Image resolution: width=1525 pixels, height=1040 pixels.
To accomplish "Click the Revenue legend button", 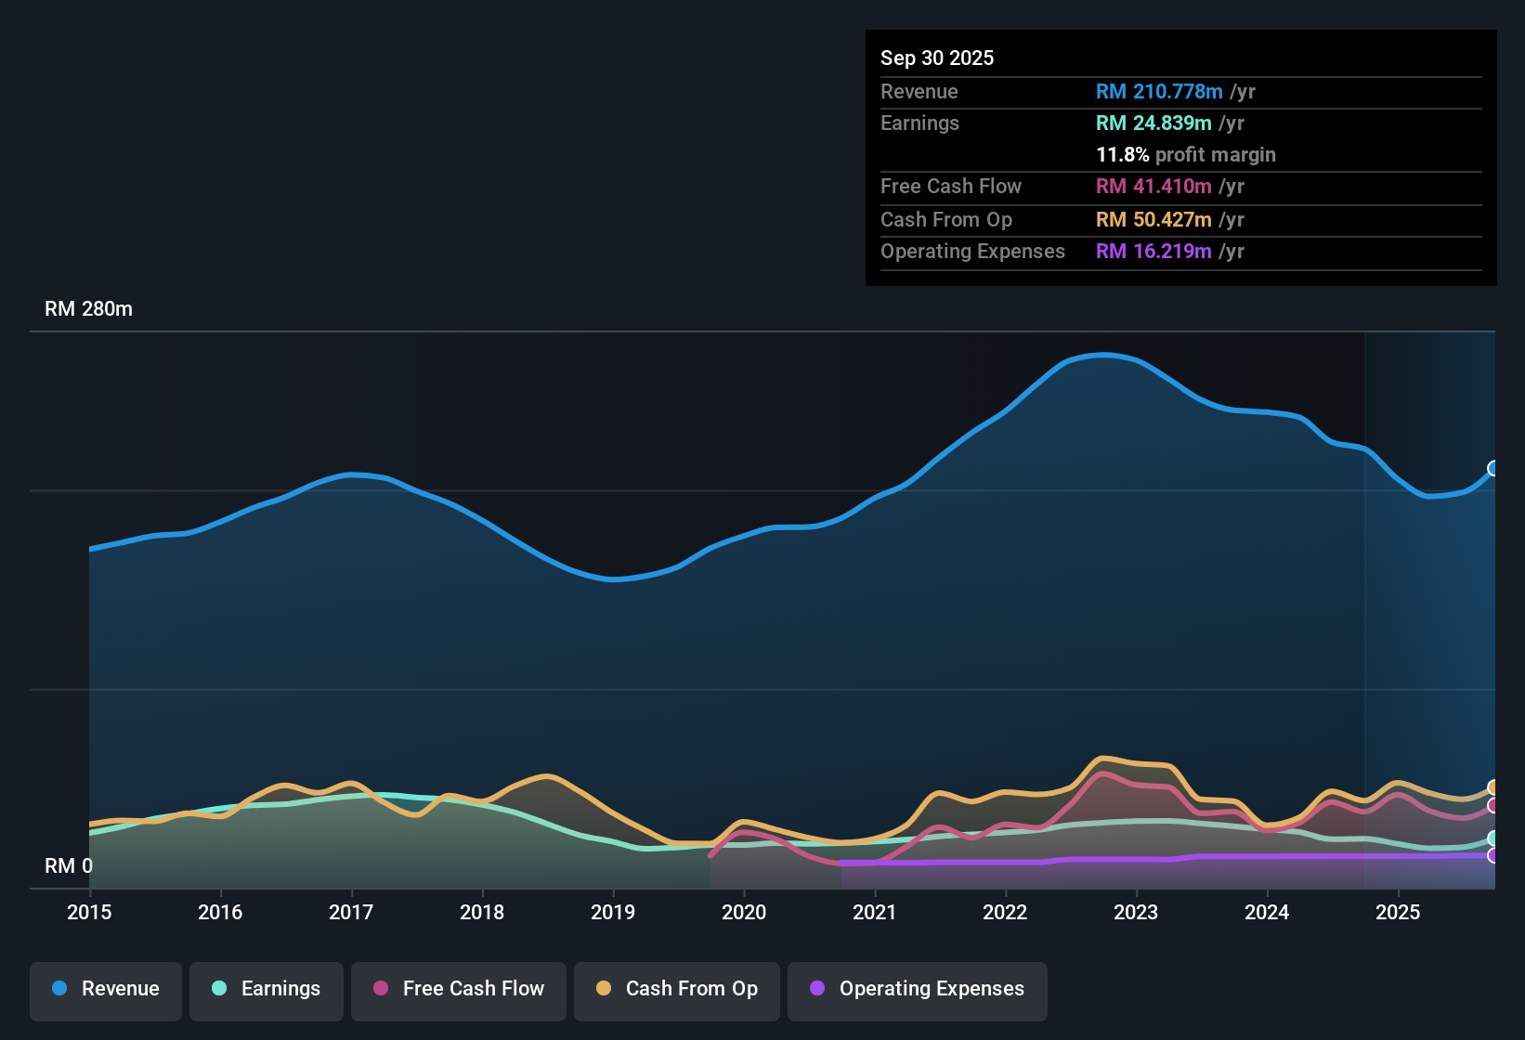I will click(x=106, y=989).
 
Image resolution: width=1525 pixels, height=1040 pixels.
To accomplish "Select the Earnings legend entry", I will click(x=267, y=989).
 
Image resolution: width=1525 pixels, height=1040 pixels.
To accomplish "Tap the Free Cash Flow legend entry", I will click(x=459, y=989).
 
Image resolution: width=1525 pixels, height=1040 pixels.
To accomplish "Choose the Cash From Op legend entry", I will click(x=677, y=989).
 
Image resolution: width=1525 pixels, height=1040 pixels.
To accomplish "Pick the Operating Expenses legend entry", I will click(x=918, y=989).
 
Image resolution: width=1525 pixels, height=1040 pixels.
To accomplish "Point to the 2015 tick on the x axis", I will click(x=89, y=912).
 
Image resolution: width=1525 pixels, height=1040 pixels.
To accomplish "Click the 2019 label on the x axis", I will click(x=613, y=912).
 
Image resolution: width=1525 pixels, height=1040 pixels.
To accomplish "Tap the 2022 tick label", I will click(x=1005, y=912).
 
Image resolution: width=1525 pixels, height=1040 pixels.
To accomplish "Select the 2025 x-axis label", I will click(x=1397, y=912).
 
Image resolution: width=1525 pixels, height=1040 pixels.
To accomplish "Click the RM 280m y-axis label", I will click(x=88, y=309).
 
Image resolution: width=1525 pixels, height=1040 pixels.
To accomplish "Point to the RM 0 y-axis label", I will click(x=69, y=865).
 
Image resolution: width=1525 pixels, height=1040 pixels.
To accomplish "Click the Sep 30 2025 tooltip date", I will click(x=936, y=58).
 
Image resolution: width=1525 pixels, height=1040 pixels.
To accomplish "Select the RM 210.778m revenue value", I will click(x=1158, y=91).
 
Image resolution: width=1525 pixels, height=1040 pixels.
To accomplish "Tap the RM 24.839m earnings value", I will click(x=1153, y=123).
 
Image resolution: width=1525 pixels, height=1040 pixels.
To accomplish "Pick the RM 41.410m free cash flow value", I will click(x=1153, y=186).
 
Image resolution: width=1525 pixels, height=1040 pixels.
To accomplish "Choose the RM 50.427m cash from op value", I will click(x=1153, y=219).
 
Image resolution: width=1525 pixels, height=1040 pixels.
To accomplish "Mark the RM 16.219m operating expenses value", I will click(x=1153, y=251).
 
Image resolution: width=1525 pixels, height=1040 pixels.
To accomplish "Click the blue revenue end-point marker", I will click(x=1493, y=468).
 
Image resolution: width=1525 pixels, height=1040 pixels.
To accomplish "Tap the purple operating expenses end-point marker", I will click(x=1493, y=855).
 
